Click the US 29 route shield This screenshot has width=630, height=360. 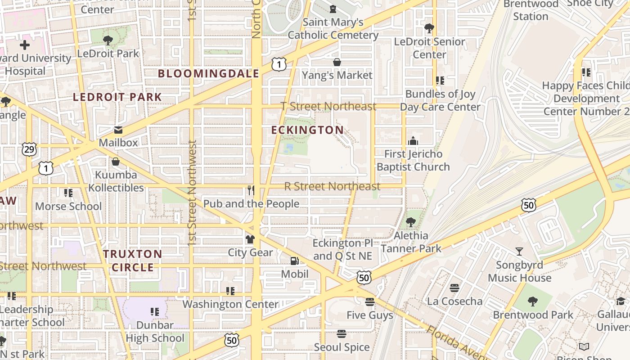[x=29, y=149]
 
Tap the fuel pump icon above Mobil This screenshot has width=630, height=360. [x=295, y=261]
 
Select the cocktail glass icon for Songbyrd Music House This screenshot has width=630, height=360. [x=519, y=252]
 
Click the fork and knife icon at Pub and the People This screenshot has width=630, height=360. [x=251, y=190]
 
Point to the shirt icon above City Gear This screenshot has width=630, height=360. [x=250, y=239]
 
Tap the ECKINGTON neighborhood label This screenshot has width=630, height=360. [x=308, y=130]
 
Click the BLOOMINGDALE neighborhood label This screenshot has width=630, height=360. [x=208, y=74]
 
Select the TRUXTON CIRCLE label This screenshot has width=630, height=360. [x=133, y=261]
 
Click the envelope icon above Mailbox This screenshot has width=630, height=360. [x=118, y=130]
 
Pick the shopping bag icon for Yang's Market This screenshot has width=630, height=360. [x=337, y=62]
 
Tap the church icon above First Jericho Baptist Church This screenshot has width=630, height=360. [x=413, y=141]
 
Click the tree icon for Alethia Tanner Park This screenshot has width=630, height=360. [x=410, y=222]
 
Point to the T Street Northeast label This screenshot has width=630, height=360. [x=328, y=106]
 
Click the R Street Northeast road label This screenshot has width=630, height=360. [x=332, y=186]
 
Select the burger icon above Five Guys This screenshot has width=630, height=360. [x=370, y=302]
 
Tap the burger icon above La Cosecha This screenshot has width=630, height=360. [x=454, y=288]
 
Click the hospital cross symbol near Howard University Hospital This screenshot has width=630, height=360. [x=25, y=45]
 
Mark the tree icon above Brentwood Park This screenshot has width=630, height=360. [x=533, y=301]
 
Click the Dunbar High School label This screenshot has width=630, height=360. [x=155, y=331]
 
